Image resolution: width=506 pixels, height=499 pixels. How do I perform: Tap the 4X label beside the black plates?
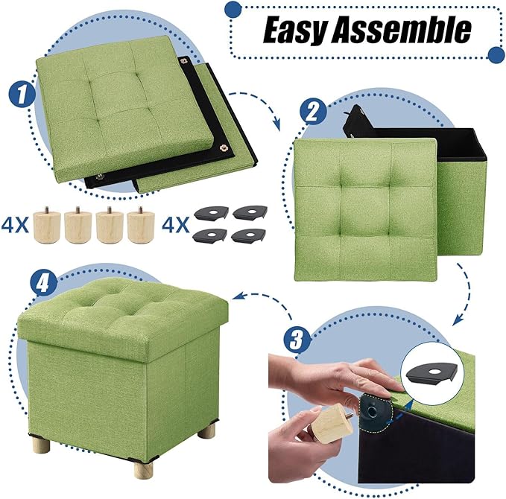176,222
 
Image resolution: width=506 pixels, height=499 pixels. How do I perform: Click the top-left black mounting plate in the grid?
210,213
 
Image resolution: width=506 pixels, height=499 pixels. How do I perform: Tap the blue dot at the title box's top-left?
233,9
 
